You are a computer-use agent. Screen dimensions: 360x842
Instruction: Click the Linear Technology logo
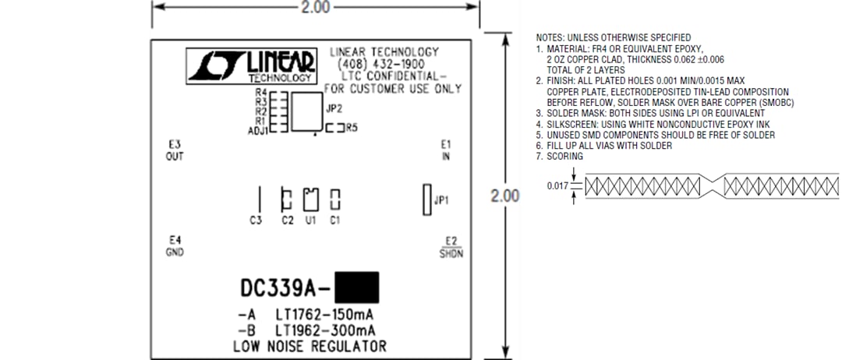pyautogui.click(x=251, y=66)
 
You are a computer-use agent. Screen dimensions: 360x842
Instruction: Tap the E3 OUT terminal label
pyautogui.click(x=174, y=150)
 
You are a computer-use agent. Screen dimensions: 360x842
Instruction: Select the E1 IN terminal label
pyautogui.click(x=446, y=150)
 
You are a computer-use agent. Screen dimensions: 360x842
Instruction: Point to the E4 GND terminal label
pyautogui.click(x=174, y=245)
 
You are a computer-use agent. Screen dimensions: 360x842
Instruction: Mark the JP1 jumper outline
pyautogui.click(x=426, y=200)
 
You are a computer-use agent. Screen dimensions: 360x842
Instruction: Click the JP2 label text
pyautogui.click(x=334, y=109)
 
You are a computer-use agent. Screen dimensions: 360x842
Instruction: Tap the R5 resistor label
pyautogui.click(x=352, y=127)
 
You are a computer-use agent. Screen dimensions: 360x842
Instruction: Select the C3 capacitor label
pyautogui.click(x=256, y=221)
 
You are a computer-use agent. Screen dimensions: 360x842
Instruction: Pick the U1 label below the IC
pyautogui.click(x=310, y=221)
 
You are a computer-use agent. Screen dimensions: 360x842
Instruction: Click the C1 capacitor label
pyautogui.click(x=335, y=221)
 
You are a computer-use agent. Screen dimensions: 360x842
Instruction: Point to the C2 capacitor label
pyautogui.click(x=287, y=221)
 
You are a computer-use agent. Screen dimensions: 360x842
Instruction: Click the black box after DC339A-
pyautogui.click(x=356, y=287)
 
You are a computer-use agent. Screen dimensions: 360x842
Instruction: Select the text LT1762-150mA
pyautogui.click(x=324, y=315)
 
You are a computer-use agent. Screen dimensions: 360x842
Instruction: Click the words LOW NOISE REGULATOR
pyautogui.click(x=310, y=345)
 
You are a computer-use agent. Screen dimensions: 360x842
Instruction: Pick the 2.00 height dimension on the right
pyautogui.click(x=504, y=196)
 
